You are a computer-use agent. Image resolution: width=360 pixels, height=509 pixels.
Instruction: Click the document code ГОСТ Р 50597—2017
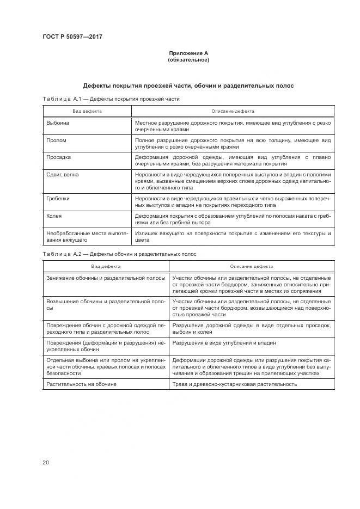pos(72,36)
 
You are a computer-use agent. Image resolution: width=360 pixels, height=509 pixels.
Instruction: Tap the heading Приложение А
pos(188,53)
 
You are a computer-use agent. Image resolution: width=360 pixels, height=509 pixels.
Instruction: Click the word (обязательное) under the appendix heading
pos(188,60)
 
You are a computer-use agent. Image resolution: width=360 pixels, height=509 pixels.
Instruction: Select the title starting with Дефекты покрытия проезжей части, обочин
pos(188,86)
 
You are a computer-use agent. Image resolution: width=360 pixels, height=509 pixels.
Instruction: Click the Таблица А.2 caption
pos(119,254)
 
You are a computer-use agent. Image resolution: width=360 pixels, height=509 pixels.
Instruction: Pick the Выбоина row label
pos(58,123)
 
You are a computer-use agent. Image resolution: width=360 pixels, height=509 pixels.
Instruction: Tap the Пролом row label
pos(57,140)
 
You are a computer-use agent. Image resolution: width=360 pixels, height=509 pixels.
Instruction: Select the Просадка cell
pos(59,157)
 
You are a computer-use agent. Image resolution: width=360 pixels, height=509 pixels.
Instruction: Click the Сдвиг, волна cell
pos(63,174)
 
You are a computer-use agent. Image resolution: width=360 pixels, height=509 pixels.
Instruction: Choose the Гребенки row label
pos(59,199)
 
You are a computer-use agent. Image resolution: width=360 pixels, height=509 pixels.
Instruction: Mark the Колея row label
pos(54,216)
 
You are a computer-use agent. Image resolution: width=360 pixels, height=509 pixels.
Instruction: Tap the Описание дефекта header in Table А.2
pos(251,267)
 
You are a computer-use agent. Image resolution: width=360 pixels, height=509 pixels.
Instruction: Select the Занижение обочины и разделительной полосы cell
pos(106,278)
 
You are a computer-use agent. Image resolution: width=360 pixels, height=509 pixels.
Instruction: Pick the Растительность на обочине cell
pos(82,384)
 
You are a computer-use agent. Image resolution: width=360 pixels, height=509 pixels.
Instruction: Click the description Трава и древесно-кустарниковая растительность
pos(234,384)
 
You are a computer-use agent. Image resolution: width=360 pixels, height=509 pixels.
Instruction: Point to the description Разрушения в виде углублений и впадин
pos(224,343)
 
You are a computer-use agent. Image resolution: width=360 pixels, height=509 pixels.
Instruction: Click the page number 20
pos(46,462)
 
